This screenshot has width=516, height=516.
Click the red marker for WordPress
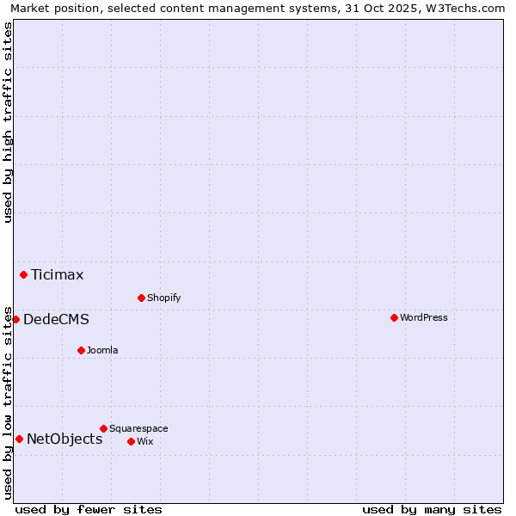(x=394, y=317)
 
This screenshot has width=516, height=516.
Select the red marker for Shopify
(x=141, y=298)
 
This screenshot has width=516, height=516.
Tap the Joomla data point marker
(x=81, y=350)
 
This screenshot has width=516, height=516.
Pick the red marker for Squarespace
(x=103, y=428)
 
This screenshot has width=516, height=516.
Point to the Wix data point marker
(x=131, y=441)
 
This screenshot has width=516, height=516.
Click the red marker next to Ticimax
(x=23, y=274)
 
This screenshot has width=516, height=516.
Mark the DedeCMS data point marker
(x=15, y=319)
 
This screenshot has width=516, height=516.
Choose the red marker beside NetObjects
(x=19, y=439)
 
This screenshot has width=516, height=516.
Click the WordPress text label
(x=424, y=317)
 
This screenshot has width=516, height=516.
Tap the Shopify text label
(x=163, y=298)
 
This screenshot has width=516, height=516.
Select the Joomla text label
(x=102, y=350)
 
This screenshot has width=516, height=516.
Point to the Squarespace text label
(x=138, y=428)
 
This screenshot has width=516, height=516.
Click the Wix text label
(x=144, y=441)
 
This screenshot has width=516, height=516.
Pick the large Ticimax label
(x=58, y=275)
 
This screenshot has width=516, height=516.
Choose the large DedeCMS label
(x=56, y=320)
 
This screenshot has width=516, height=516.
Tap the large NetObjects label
(x=64, y=439)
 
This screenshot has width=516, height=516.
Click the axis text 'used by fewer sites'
(x=89, y=509)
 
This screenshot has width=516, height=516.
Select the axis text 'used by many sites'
(x=432, y=509)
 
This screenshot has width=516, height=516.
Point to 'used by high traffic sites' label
(x=8, y=122)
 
